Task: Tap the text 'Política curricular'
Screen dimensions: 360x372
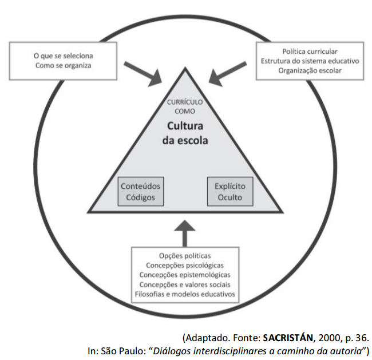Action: [x=310, y=51]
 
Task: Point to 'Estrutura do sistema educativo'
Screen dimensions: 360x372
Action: [x=310, y=61]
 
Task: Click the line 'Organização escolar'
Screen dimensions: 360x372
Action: [x=310, y=70]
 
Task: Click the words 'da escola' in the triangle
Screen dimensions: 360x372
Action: [x=185, y=140]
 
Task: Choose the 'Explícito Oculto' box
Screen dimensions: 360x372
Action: [x=229, y=192]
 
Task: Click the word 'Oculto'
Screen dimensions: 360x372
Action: [x=229, y=198]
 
